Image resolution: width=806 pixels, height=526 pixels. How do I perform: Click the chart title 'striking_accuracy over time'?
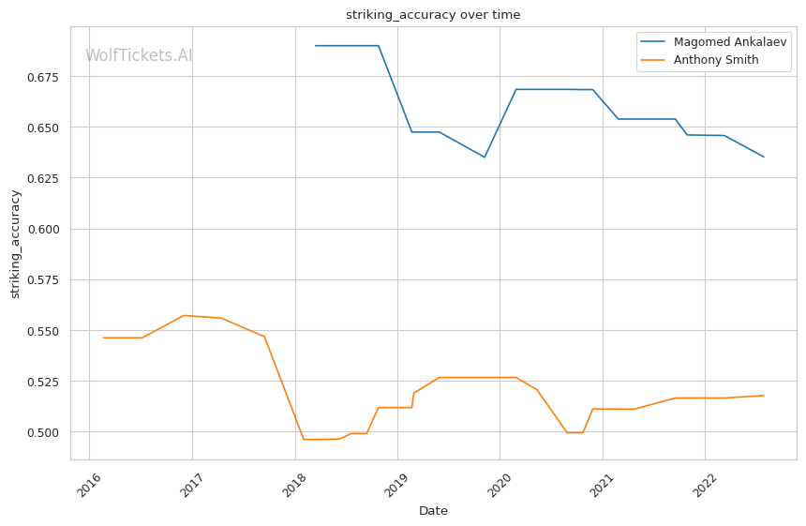point(433,14)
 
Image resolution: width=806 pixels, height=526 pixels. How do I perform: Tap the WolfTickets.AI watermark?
point(139,55)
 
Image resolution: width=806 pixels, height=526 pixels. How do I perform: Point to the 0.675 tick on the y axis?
point(43,77)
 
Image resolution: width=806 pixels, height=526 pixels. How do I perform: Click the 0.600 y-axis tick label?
point(43,230)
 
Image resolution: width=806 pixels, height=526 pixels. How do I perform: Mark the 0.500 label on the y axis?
point(43,432)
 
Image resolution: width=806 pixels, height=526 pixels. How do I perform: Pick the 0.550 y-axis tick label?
point(43,331)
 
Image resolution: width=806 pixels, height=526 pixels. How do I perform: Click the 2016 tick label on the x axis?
point(89,485)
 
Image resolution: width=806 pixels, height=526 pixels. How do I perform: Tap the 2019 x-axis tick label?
point(396,485)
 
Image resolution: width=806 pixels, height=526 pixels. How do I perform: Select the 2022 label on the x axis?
point(705,485)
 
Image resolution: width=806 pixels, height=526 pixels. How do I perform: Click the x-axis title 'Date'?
point(433,511)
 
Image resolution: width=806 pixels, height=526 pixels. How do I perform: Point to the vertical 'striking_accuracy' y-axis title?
point(15,244)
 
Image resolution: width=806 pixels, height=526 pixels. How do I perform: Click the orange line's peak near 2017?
point(184,315)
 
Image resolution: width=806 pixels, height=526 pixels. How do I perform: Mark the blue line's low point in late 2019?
point(485,158)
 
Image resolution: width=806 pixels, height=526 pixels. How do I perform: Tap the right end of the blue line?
point(764,157)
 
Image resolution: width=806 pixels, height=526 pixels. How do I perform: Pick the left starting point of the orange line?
point(103,338)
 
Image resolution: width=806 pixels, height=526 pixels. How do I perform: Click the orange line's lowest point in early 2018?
point(304,440)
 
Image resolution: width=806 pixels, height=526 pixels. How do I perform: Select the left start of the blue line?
point(316,46)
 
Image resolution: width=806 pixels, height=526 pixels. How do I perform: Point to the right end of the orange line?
point(764,396)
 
